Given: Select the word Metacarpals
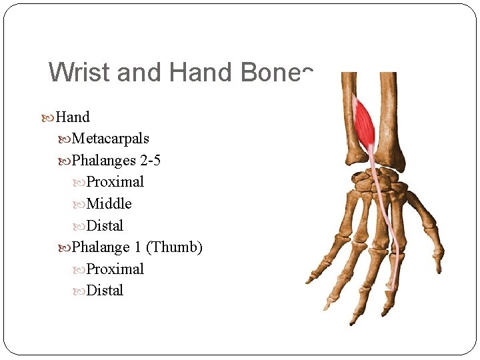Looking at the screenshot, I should tap(111, 139).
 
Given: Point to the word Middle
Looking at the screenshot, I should tap(109, 204).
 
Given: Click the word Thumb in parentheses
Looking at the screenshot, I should tap(174, 247).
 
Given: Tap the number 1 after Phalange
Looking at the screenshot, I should tap(137, 247).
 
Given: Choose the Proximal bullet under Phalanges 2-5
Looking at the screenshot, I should tap(115, 182).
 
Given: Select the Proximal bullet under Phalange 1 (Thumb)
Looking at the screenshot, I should tap(115, 269).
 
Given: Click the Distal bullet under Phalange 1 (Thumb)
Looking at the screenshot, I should tap(105, 291).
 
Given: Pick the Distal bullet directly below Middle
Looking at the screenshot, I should tap(105, 226).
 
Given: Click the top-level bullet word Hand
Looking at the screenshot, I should tap(73, 117).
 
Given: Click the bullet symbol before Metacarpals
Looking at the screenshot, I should tap(65, 139).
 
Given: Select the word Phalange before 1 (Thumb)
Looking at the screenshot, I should tap(101, 247).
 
